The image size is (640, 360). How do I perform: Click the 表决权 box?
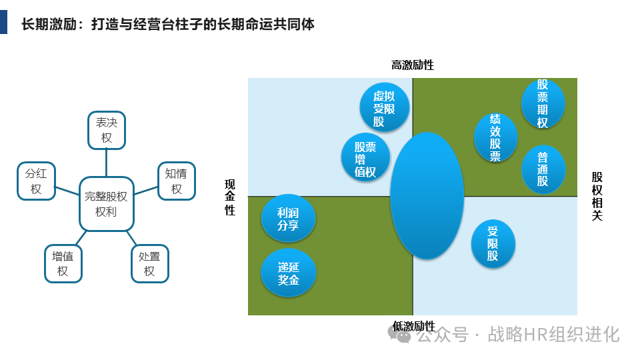(x=107, y=130)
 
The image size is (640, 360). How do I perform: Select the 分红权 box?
(x=36, y=181)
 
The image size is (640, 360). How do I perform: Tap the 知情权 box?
(x=177, y=181)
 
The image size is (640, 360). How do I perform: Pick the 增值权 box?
(x=63, y=263)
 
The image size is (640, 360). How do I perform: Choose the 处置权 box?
(x=149, y=263)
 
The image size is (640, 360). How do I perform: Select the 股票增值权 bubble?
(x=365, y=157)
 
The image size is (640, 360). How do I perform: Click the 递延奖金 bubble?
(x=288, y=273)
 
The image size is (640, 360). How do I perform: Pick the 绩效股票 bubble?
(x=495, y=137)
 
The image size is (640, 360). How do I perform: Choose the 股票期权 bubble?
(x=543, y=103)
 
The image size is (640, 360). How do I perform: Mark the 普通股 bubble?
(x=543, y=170)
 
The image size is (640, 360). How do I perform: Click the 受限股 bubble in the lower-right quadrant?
(x=493, y=243)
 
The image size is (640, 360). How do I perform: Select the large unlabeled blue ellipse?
(x=427, y=195)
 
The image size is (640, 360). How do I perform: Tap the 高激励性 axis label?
(x=412, y=65)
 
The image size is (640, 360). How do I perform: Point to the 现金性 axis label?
(x=230, y=197)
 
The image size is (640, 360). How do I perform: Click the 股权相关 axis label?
(x=597, y=196)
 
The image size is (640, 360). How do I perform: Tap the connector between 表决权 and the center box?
(x=106, y=163)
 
